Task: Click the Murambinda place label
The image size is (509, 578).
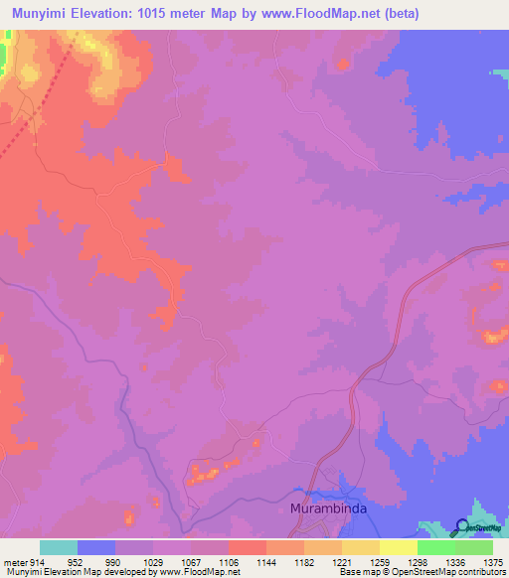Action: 327,507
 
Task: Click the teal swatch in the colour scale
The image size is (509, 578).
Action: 59,547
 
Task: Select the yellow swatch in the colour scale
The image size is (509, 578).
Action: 398,547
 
